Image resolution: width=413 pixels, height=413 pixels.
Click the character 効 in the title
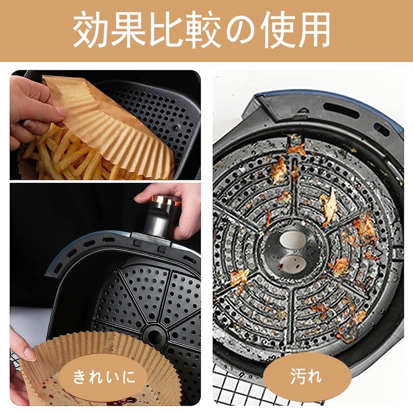tap(92, 29)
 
